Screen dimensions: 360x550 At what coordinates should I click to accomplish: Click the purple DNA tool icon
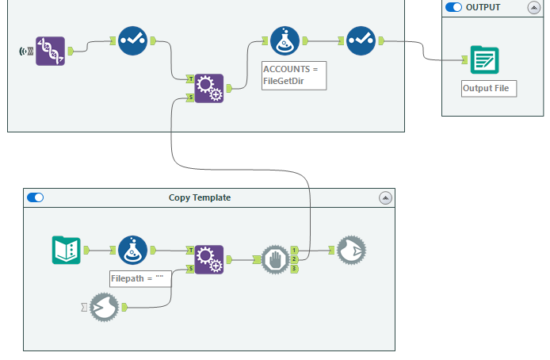pos(50,51)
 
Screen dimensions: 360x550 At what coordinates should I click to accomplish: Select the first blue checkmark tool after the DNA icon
pos(132,40)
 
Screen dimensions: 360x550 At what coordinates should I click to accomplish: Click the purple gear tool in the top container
pos(209,88)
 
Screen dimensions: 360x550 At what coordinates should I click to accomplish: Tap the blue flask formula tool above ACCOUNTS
pos(285,40)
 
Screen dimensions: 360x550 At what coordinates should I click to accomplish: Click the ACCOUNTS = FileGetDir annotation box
pos(293,75)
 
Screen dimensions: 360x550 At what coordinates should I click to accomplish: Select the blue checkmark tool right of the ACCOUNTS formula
pos(361,40)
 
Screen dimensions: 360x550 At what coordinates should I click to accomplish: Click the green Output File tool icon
pos(483,60)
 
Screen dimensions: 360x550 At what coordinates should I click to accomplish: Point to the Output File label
pos(489,88)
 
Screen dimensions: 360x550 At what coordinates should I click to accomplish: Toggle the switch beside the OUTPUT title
pos(454,7)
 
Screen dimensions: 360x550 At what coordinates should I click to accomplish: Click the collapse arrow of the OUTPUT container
pos(535,7)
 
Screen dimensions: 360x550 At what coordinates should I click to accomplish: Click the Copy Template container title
pos(200,197)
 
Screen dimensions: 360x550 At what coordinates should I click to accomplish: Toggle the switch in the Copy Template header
pos(36,197)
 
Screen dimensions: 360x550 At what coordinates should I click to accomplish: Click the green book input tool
pos(65,250)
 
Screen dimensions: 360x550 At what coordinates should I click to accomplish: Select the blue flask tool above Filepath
pos(132,250)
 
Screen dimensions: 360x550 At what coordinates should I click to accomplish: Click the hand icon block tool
pos(276,259)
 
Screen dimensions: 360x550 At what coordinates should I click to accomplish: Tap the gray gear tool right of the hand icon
pos(351,250)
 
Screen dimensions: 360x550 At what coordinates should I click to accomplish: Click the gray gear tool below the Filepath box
pos(103,307)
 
